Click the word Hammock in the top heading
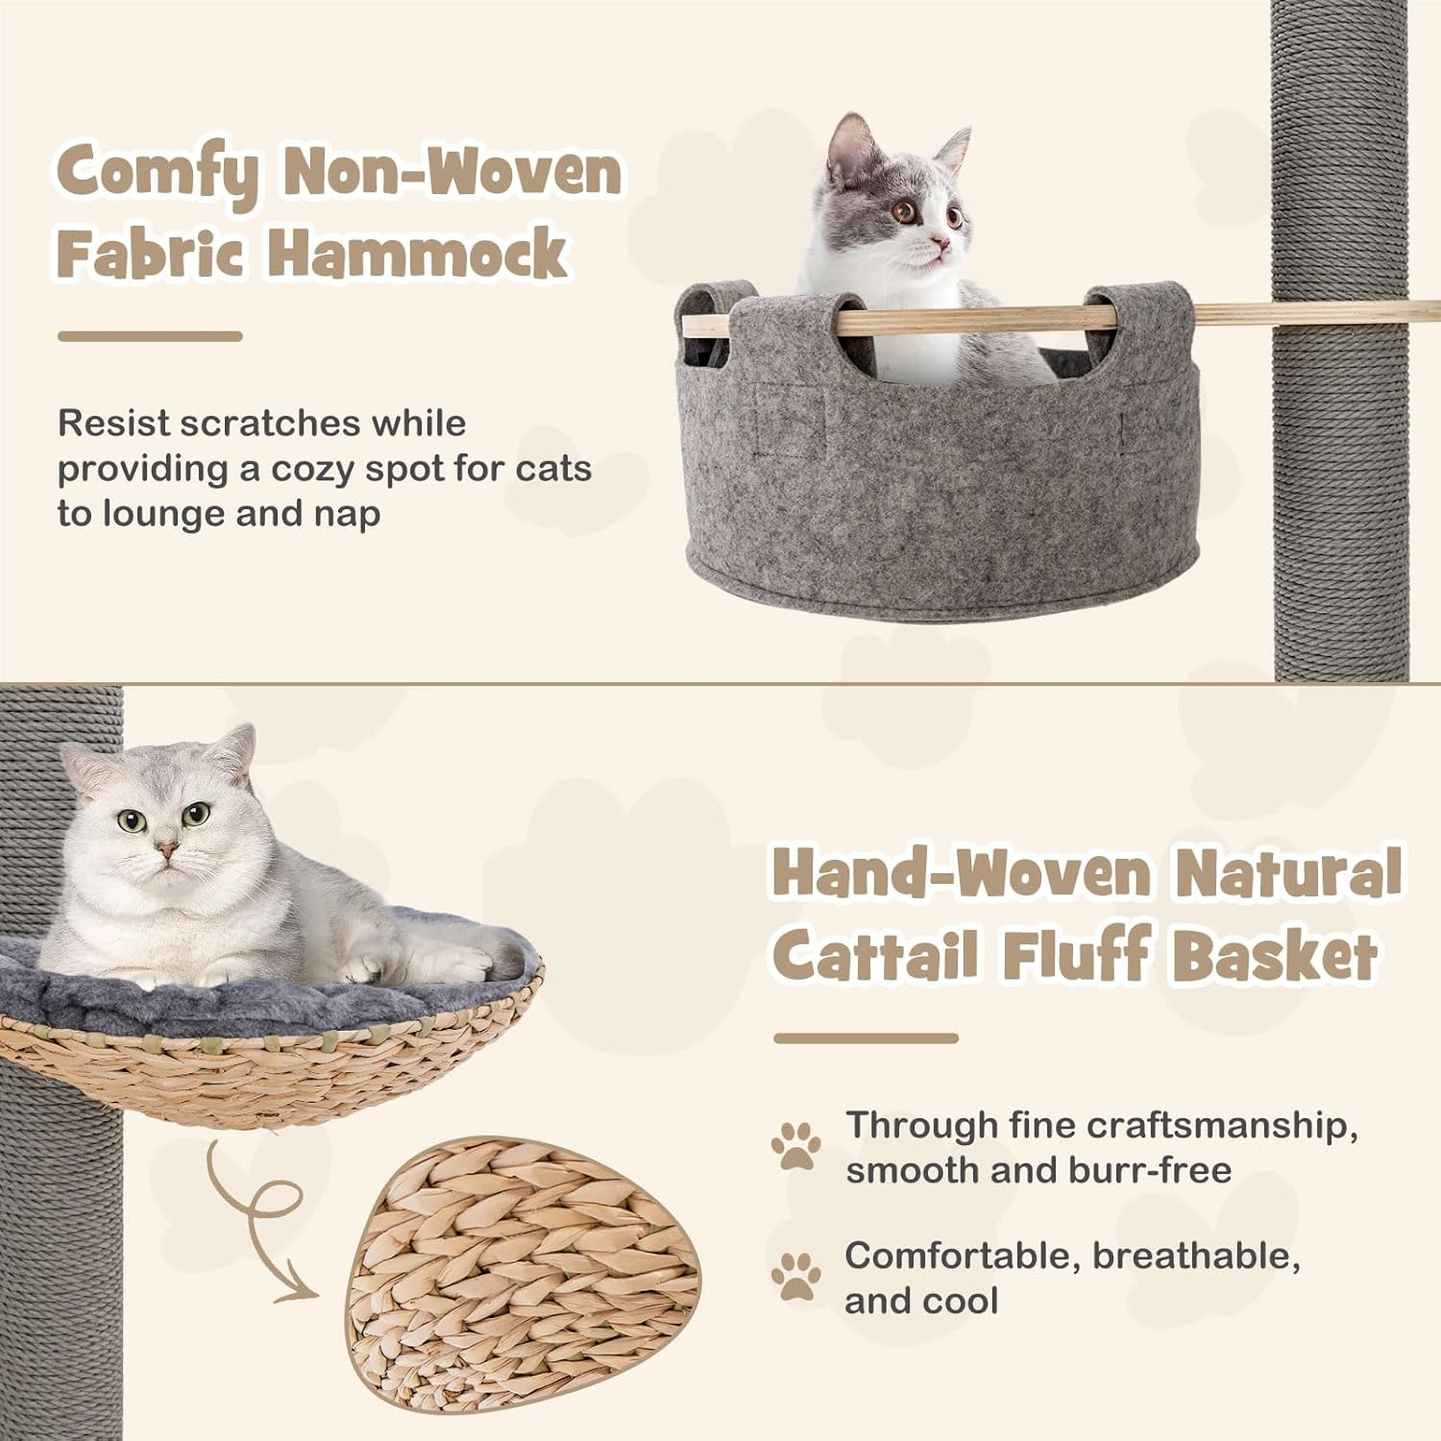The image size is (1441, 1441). pos(417,252)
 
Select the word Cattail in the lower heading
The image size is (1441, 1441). pos(876,956)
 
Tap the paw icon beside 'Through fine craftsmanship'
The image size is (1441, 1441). pos(796,1145)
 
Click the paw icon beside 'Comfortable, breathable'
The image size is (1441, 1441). pos(796,1277)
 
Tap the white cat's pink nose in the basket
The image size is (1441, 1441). pos(167,850)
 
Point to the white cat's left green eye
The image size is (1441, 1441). pos(131,821)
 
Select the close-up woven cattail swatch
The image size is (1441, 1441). pos(524,1268)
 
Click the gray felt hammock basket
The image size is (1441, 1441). pos(941,480)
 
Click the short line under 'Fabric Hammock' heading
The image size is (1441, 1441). pos(149,336)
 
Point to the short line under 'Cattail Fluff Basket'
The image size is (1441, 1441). pos(866,1038)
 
